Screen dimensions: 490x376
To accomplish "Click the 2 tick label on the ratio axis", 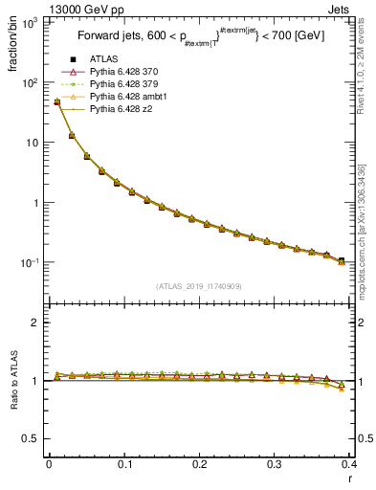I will (x=36, y=323).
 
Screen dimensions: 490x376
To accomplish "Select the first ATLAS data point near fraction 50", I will (x=56, y=101).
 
